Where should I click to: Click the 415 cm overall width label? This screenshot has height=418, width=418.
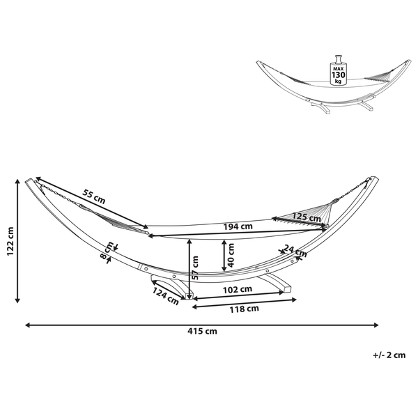click(202, 332)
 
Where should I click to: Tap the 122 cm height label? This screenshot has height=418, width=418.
click(10, 241)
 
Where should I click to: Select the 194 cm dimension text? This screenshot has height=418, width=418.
click(238, 226)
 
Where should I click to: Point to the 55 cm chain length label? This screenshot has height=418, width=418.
click(93, 196)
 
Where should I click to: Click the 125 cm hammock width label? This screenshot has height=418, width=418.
click(307, 217)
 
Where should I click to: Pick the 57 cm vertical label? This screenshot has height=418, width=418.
click(195, 268)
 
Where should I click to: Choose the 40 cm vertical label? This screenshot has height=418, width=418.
click(231, 255)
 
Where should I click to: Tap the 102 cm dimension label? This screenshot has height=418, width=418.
click(238, 289)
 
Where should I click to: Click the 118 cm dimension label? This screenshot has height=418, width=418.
click(245, 309)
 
